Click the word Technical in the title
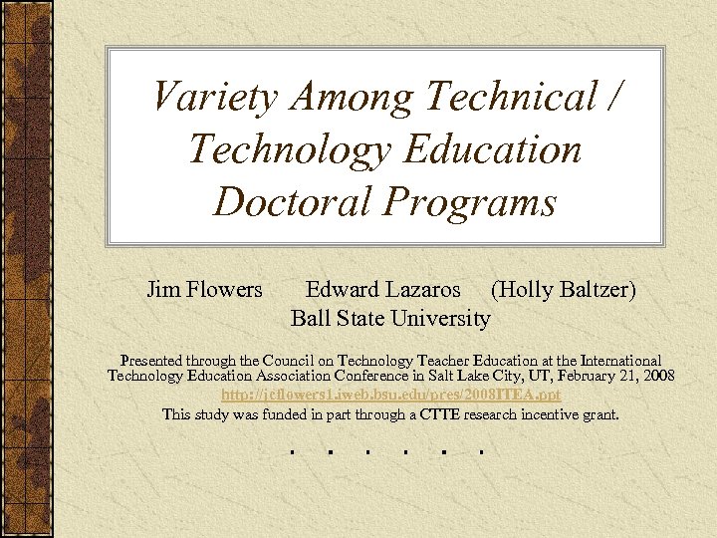tap(509, 97)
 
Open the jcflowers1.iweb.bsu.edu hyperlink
tap(390, 396)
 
